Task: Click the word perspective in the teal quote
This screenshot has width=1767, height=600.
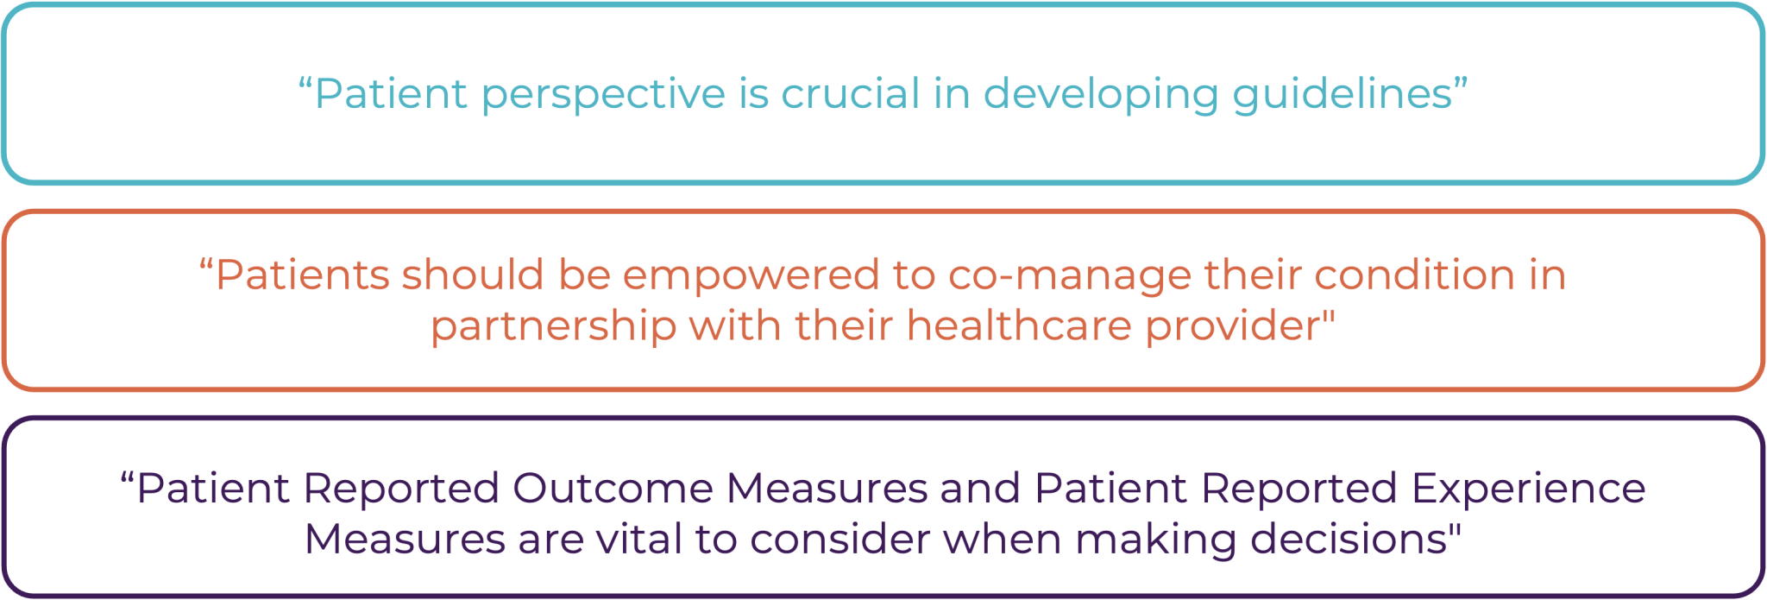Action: [x=603, y=95]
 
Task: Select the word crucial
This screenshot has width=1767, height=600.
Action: [x=851, y=93]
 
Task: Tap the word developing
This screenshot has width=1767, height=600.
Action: [x=1101, y=95]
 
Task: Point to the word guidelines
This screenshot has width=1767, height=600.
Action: [x=1343, y=95]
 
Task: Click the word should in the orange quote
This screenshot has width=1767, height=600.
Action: [x=472, y=275]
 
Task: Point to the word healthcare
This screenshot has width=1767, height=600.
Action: [x=1019, y=325]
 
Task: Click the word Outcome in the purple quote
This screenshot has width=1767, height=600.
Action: [x=613, y=488]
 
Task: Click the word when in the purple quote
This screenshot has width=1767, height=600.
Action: [x=1002, y=539]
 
